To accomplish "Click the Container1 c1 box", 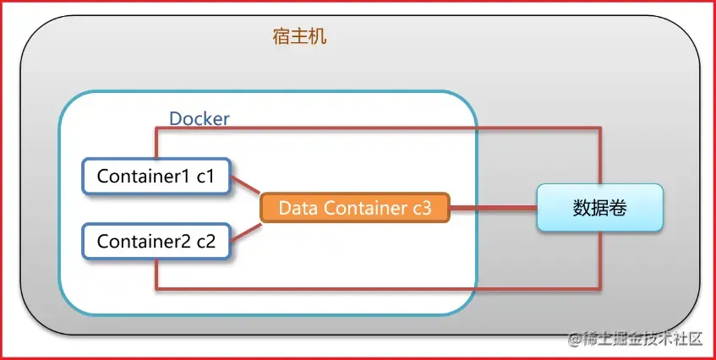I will coord(157,177).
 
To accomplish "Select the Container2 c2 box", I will coord(157,241).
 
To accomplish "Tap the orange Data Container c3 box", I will coord(354,208).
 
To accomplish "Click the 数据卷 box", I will coord(599,208).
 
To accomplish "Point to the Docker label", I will coord(199,118).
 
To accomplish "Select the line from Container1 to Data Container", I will coord(246,188).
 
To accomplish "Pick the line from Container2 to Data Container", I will coord(246,229).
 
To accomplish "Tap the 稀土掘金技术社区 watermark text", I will coord(642,340).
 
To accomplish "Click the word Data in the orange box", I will coord(297,208).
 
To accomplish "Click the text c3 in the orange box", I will coord(420,208).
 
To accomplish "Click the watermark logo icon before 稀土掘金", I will coord(573,340).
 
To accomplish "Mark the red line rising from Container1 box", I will coord(156,143).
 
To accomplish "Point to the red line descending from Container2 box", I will coord(156,273).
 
